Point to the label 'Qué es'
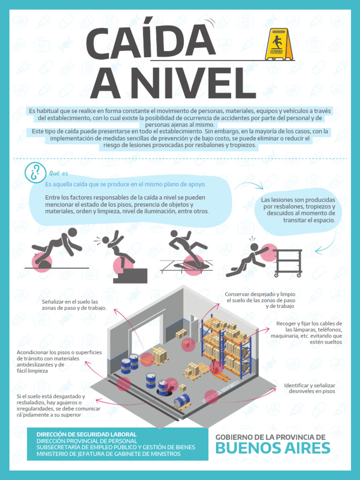coord(59,173)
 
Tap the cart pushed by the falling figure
coord(287,262)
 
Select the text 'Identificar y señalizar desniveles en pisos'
coord(309,388)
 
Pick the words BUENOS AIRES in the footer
coord(272,449)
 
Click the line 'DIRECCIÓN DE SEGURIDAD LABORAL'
coord(86,435)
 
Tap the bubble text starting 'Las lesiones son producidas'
coord(298,210)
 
